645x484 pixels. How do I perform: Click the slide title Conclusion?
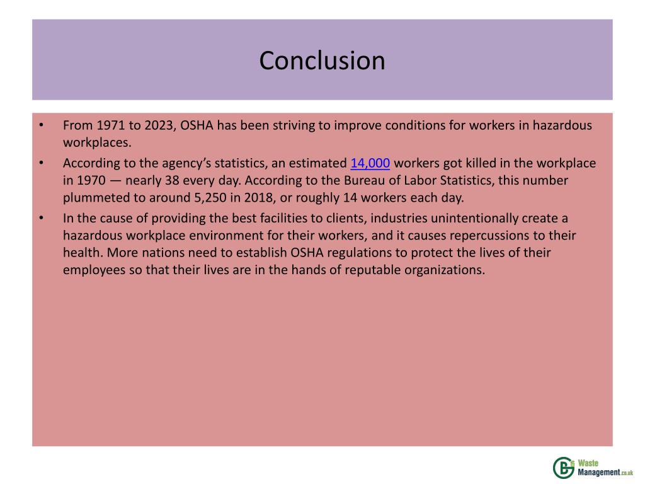point(322,60)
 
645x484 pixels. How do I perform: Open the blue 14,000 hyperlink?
point(370,164)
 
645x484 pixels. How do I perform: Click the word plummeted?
point(94,198)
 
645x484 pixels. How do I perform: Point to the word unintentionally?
point(467,219)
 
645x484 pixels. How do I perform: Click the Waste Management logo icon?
point(562,467)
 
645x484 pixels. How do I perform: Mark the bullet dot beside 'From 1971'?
point(40,125)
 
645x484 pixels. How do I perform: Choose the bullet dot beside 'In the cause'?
point(40,219)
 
